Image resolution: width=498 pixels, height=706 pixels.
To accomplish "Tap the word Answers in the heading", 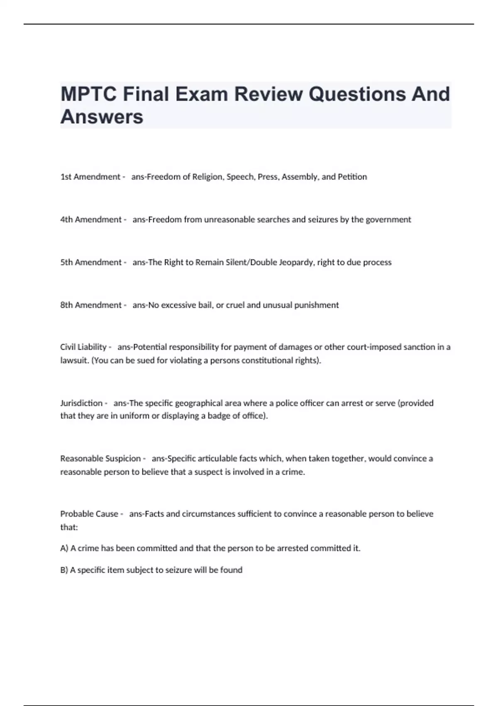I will click(x=102, y=117).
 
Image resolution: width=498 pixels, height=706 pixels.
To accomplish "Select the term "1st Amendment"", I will click(x=90, y=177).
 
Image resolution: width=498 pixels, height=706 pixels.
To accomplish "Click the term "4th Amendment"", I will click(x=91, y=220).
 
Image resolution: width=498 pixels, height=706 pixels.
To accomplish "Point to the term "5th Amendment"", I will click(x=91, y=262).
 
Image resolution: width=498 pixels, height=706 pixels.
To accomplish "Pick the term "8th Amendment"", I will click(x=91, y=305).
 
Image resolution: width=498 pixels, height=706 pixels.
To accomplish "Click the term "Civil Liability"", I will click(x=83, y=347).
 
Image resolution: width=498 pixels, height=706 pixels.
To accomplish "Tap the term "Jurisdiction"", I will click(x=81, y=403).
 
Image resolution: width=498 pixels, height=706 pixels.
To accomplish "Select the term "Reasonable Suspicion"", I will click(x=100, y=458).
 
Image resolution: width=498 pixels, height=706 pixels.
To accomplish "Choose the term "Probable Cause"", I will click(x=89, y=514).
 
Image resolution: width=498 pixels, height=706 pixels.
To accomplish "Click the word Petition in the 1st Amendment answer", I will click(x=352, y=177).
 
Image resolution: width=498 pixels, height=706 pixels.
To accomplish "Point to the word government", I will click(x=388, y=220).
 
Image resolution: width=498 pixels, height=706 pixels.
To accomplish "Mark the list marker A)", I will click(x=64, y=548).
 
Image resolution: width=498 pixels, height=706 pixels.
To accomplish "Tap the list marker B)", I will click(x=64, y=570).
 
